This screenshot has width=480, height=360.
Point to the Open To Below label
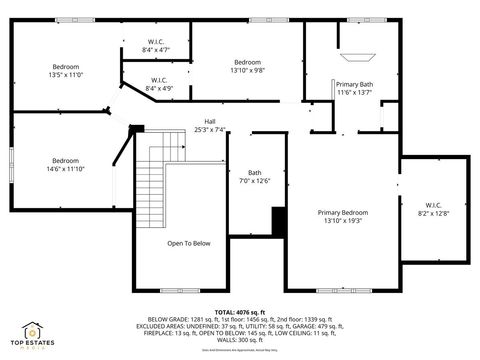click(188, 244)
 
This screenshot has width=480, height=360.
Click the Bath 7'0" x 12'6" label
click(255, 176)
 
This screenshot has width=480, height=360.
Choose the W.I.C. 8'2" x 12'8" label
click(433, 209)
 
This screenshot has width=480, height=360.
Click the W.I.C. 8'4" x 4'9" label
click(159, 84)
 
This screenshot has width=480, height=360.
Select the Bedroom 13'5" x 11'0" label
click(65, 70)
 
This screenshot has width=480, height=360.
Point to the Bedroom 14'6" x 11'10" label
click(66, 164)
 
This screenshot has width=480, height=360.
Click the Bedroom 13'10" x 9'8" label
click(247, 66)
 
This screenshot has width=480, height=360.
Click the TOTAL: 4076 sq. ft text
click(240, 313)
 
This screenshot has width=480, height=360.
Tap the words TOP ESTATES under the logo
click(33, 345)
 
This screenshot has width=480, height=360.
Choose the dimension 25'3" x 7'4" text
click(210, 129)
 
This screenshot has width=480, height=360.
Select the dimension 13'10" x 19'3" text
click(343, 220)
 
